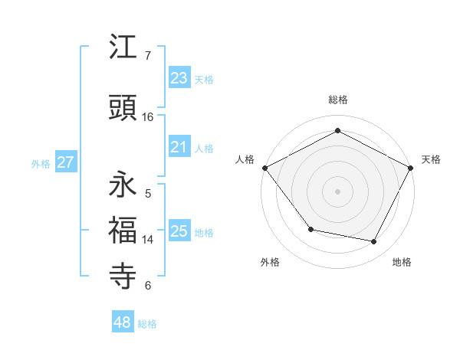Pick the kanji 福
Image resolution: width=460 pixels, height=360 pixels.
[x=123, y=229]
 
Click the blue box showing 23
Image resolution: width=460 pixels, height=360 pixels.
[x=179, y=78]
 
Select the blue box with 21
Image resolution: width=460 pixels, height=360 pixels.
[x=179, y=147]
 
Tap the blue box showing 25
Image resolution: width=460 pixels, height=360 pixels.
[x=179, y=231]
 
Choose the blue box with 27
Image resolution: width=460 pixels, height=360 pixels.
[x=65, y=162]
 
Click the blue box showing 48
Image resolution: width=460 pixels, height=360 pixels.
[x=122, y=322]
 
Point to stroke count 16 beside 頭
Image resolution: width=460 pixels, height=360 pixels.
[x=148, y=117]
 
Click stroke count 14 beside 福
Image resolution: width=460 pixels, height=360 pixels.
[x=148, y=240]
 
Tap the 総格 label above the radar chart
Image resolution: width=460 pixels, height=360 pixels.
[x=338, y=100]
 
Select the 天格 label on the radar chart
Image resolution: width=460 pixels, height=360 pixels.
[x=431, y=159]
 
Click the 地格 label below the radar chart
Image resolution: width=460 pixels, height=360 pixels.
[x=402, y=262]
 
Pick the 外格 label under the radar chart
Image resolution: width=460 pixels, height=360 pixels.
[x=270, y=262]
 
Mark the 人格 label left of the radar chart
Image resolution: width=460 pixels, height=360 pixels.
[x=245, y=159]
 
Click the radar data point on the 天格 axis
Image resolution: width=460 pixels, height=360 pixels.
[x=411, y=168]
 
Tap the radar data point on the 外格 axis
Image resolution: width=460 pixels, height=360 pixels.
[x=310, y=229]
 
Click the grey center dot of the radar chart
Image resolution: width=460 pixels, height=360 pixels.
[x=338, y=191]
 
